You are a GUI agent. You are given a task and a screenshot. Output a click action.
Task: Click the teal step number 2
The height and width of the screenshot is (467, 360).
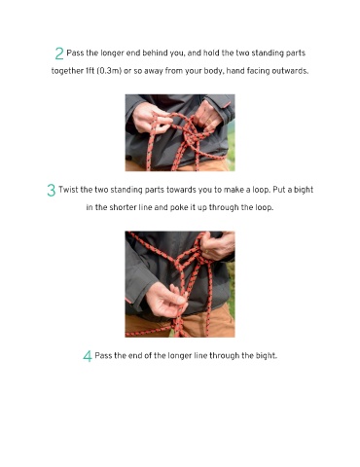(x=59, y=54)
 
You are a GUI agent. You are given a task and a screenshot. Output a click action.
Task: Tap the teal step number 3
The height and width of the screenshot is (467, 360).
(x=52, y=190)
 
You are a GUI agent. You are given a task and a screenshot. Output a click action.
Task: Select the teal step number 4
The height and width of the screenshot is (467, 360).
(x=88, y=356)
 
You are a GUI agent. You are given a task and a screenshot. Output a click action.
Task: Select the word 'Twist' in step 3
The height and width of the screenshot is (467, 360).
(x=68, y=190)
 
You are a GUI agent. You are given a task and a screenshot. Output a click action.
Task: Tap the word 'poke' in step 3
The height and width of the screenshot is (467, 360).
(x=179, y=207)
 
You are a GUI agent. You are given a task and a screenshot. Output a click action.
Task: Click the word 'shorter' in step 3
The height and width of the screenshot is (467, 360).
(x=123, y=207)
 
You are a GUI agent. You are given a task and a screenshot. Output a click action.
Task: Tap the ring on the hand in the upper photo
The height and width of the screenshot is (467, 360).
(x=209, y=122)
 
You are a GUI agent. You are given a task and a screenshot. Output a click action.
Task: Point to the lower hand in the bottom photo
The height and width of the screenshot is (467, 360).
(x=166, y=300)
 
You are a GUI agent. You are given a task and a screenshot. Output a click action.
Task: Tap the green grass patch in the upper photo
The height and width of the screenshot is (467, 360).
(x=231, y=144)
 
